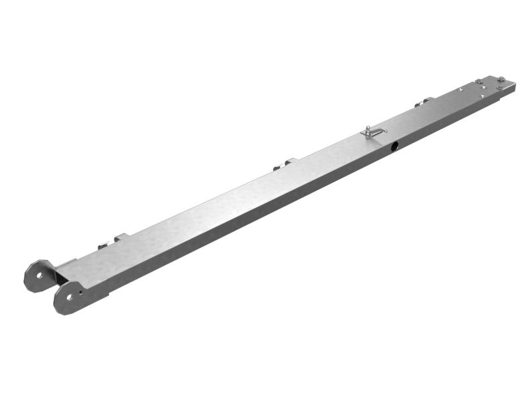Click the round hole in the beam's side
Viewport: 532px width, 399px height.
[394, 147]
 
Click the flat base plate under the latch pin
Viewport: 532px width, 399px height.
[369, 135]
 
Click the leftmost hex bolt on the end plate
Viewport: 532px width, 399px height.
[479, 82]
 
